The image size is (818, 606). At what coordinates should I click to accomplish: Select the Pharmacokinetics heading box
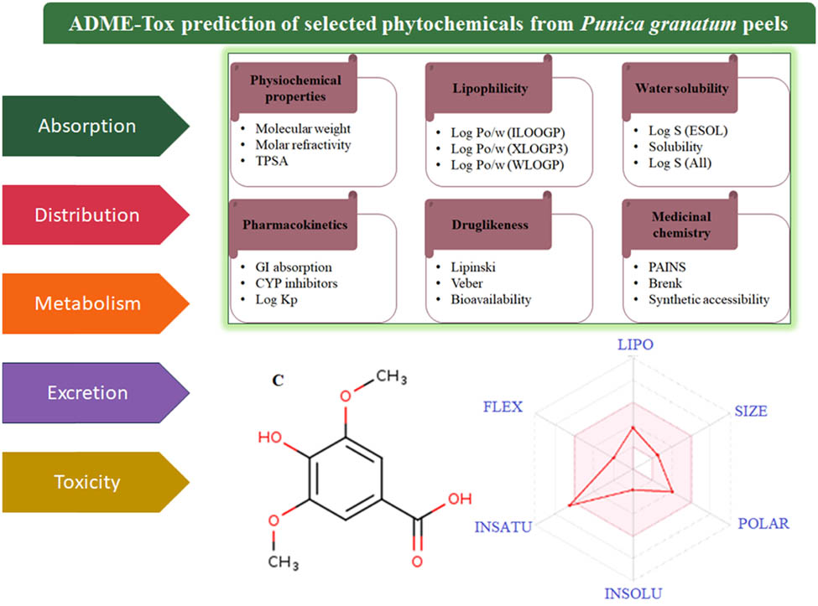[291, 225]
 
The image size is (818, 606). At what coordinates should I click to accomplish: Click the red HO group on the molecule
[272, 438]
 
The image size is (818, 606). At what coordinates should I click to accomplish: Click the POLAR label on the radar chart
[763, 524]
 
